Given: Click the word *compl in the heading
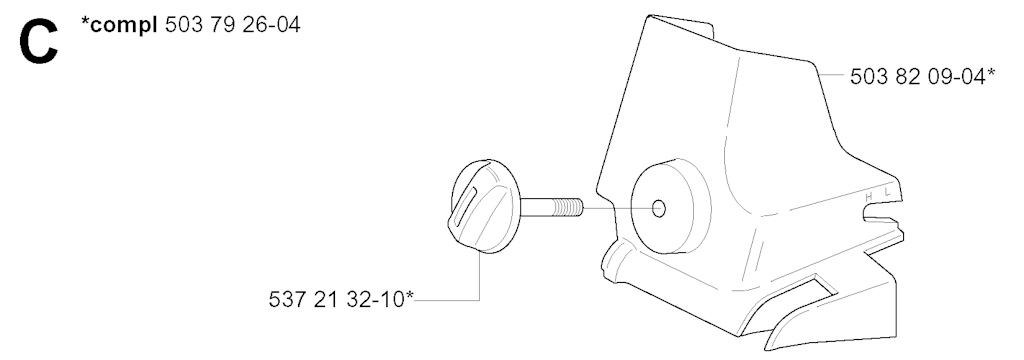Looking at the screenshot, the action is tap(120, 25).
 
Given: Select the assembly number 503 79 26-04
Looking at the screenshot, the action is tap(232, 25).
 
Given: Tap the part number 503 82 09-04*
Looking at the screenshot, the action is tap(922, 76).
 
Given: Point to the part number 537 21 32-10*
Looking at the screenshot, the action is tap(341, 299).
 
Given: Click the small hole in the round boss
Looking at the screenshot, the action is tap(659, 209).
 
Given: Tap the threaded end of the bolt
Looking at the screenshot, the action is tap(568, 208).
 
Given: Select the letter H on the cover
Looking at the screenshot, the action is tap(869, 197).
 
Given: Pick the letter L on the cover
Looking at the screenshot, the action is tap(887, 192).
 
